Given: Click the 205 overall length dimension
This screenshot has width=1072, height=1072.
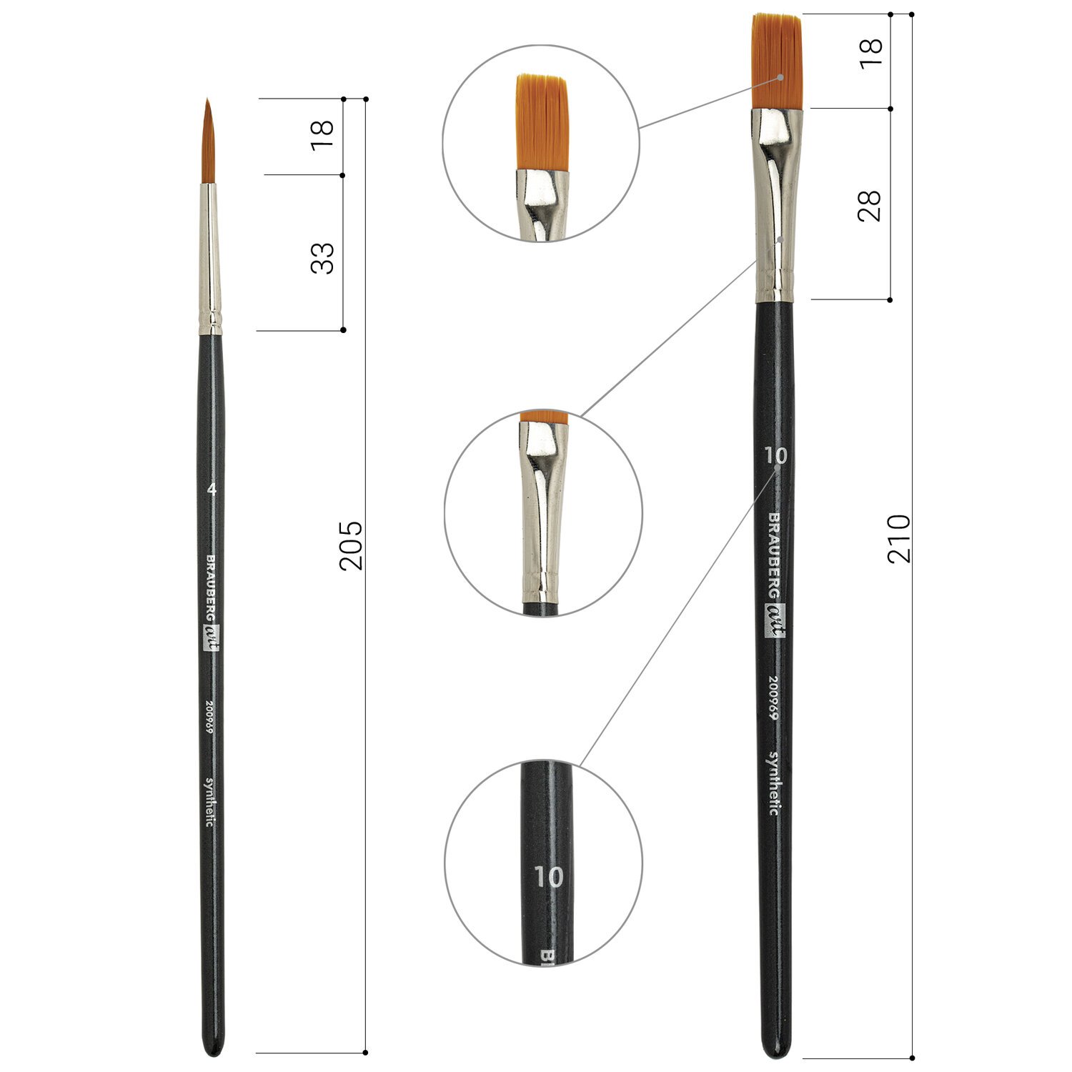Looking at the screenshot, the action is tap(351, 545).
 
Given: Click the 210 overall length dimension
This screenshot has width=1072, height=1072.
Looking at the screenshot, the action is tap(899, 538).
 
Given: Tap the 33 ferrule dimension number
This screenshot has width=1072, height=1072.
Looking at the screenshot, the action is tap(322, 258).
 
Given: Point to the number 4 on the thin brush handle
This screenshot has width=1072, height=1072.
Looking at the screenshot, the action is tap(211, 490).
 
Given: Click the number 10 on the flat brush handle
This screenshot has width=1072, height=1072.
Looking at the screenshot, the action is tap(775, 455).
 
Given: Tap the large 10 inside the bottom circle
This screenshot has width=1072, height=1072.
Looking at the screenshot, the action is tap(548, 877).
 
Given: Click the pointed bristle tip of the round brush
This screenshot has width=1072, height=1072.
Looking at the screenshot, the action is tap(207, 101).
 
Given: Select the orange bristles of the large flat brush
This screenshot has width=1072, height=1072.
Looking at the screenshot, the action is tap(777, 61).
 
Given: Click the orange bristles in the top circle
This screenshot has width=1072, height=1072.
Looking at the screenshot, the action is tap(542, 122).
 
